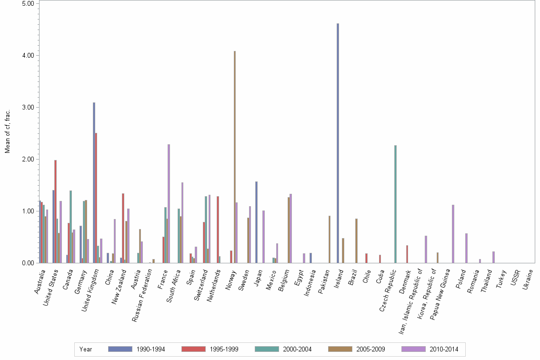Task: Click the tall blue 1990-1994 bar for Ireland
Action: tap(338, 143)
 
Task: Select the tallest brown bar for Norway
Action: tap(234, 157)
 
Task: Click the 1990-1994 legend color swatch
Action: tap(120, 349)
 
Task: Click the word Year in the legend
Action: tap(86, 350)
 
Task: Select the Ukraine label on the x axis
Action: tap(529, 280)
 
